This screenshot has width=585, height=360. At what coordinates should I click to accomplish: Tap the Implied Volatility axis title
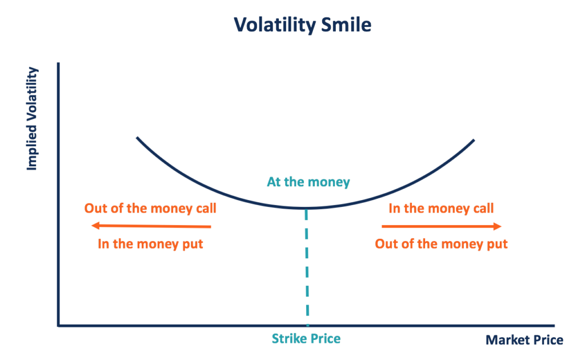[x=32, y=119]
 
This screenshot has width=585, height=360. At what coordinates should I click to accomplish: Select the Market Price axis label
[x=524, y=341]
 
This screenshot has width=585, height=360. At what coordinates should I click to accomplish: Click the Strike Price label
[x=306, y=339]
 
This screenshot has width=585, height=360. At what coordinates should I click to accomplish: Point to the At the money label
[x=308, y=183]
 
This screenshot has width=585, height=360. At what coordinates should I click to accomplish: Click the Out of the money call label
[x=150, y=208]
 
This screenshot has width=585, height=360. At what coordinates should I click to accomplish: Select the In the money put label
[x=150, y=244]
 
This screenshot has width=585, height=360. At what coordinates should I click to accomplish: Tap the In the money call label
[x=441, y=208]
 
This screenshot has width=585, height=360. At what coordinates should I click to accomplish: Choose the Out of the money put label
[x=441, y=244]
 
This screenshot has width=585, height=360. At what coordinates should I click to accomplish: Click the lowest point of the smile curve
[x=306, y=208]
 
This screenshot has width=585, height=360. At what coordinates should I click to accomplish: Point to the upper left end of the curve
[x=137, y=138]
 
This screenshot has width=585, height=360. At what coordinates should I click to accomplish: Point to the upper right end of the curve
[x=474, y=139]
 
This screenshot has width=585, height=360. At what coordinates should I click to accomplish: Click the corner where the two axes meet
[x=58, y=326]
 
